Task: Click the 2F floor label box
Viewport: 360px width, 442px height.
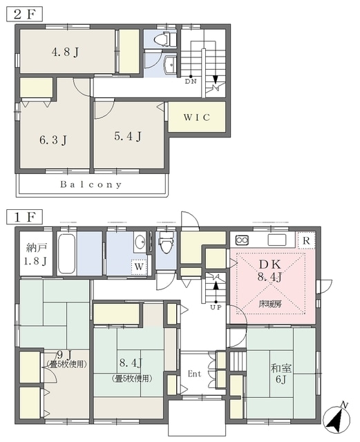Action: [x=25, y=14]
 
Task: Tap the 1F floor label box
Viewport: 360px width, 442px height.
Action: [x=25, y=217]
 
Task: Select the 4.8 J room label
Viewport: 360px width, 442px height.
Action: [x=65, y=52]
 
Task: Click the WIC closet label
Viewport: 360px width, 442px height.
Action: [x=197, y=117]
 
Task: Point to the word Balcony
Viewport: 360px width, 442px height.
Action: [x=91, y=184]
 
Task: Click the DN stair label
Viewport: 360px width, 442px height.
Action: [x=191, y=81]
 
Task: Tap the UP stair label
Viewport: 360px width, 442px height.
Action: [x=216, y=307]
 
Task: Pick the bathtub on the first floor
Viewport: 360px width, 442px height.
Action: [x=67, y=253]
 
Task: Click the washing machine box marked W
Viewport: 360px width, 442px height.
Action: [x=139, y=267]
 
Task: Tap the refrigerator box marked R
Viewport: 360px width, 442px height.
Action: [x=306, y=240]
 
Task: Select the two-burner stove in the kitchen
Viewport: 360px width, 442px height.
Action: [x=242, y=240]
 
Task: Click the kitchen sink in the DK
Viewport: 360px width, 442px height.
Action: [x=277, y=240]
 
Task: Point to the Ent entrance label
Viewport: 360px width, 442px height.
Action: [x=195, y=374]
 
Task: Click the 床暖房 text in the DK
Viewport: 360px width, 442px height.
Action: [x=270, y=304]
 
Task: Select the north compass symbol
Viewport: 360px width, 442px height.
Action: [x=337, y=418]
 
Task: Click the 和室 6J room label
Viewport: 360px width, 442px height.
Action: [x=281, y=374]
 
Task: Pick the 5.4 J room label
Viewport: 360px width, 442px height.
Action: [x=128, y=137]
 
